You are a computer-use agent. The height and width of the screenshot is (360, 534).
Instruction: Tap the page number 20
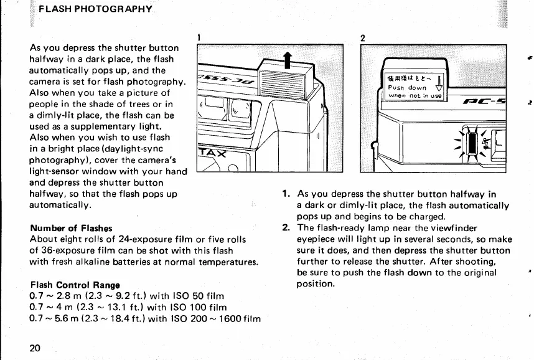pyautogui.click(x=35, y=348)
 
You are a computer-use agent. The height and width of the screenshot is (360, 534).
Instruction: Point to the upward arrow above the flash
pyautogui.click(x=287, y=62)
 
